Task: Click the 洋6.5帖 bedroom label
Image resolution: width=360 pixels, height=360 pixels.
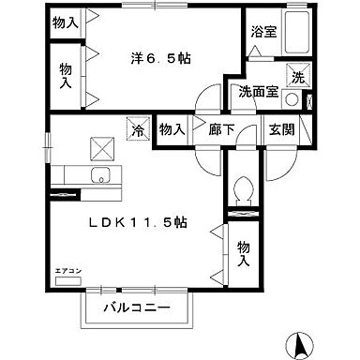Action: (160, 58)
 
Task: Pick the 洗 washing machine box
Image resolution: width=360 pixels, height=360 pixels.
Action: (295, 77)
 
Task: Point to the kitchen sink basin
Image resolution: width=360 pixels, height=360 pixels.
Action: (98, 175)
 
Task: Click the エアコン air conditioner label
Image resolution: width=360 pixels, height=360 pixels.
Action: (68, 270)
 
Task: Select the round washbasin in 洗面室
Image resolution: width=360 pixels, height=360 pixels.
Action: (292, 99)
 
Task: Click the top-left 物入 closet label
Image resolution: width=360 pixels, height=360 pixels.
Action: (65, 22)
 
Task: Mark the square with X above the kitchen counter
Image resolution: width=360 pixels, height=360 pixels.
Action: (99, 146)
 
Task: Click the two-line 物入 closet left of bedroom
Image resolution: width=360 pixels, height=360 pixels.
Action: (65, 75)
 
